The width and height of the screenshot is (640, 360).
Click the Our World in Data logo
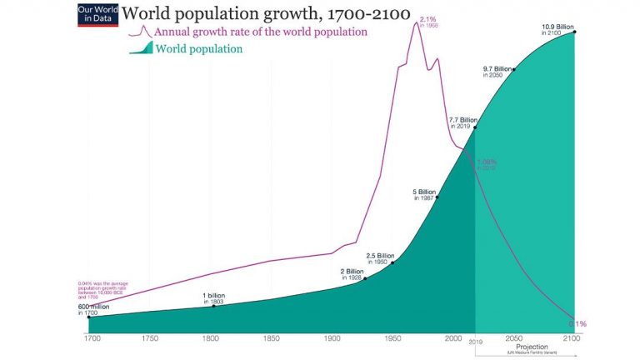click(95, 15)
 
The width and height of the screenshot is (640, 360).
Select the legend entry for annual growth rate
click(258, 32)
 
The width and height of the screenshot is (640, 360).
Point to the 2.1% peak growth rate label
click(428, 21)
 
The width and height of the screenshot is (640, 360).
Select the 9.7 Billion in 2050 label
click(497, 71)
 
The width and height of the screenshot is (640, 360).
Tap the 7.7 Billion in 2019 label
click(461, 122)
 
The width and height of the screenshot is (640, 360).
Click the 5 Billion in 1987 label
click(425, 194)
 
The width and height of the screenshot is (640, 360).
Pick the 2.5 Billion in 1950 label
click(380, 257)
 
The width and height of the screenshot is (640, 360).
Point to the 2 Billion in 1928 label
click(351, 273)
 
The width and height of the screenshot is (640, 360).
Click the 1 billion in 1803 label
click(214, 298)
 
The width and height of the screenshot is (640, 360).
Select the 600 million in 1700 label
click(94, 309)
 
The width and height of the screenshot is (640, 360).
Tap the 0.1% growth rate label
click(577, 323)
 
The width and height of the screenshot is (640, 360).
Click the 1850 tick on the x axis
click(271, 339)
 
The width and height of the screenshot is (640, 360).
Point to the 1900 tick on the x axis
click(332, 339)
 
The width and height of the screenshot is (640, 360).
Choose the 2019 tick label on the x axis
click(475, 340)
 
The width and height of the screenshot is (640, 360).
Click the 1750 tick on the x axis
click(150, 339)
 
